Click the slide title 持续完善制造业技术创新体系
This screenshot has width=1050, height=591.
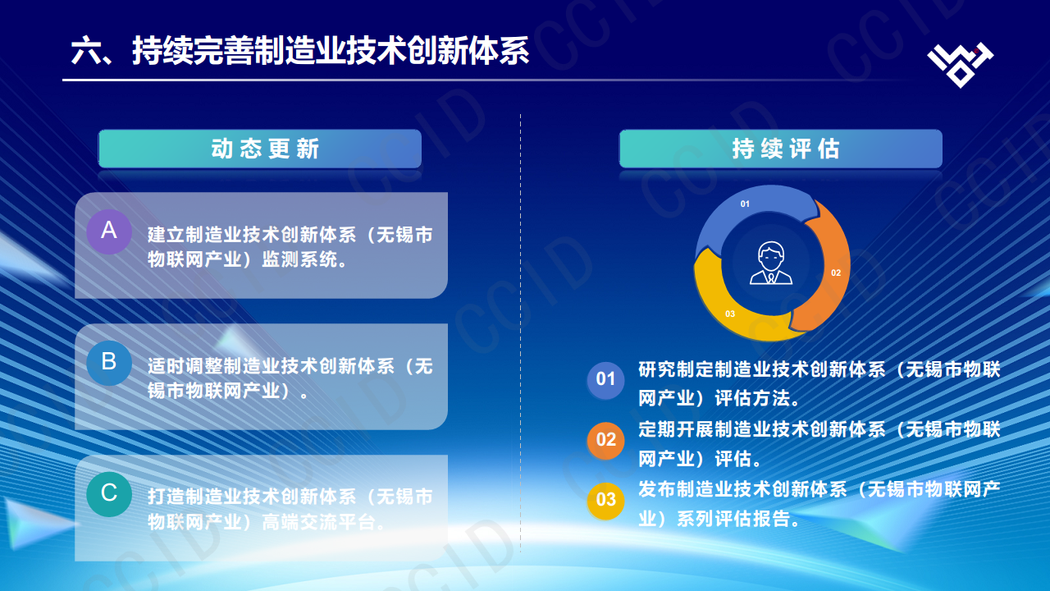(x=300, y=51)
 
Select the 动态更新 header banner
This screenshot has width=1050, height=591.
(x=260, y=149)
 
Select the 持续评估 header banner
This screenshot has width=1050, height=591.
(x=780, y=149)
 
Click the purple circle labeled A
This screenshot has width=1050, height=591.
(x=109, y=231)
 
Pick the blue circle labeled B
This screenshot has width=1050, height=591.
(x=109, y=362)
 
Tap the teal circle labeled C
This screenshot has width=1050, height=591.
(x=109, y=493)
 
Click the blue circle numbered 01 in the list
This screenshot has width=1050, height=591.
(x=605, y=379)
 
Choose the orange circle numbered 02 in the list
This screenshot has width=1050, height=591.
(x=605, y=439)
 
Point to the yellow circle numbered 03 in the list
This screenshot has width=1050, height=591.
(x=605, y=499)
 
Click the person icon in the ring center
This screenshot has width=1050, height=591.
(x=771, y=263)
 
